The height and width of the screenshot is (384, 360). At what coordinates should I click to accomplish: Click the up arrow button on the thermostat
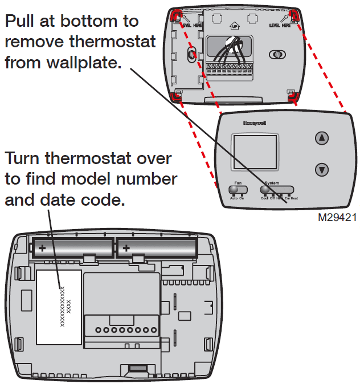pyautogui.click(x=322, y=138)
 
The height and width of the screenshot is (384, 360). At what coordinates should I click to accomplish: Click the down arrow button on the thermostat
pyautogui.click(x=322, y=169)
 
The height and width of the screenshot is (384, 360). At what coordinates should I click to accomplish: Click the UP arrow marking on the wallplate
pyautogui.click(x=234, y=26)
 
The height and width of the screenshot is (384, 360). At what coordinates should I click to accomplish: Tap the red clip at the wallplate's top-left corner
pyautogui.click(x=177, y=14)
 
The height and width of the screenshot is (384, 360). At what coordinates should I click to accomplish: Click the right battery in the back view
pyautogui.click(x=158, y=247)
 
